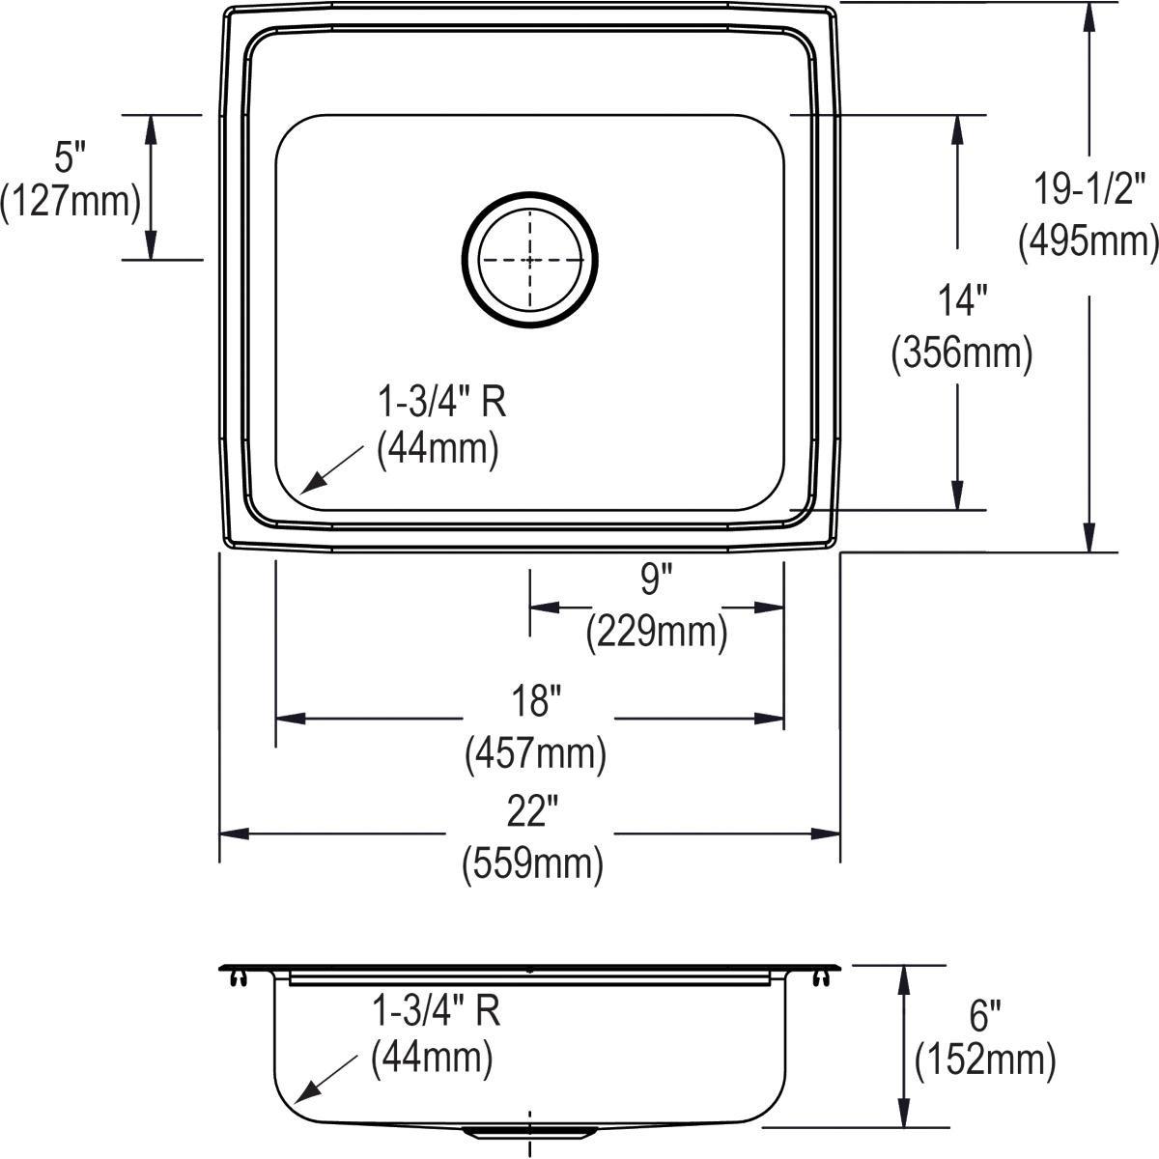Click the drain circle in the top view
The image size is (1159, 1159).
(529, 260)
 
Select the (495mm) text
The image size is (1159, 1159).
(1088, 240)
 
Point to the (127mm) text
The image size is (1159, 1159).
(71, 201)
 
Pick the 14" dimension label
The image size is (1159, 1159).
(959, 301)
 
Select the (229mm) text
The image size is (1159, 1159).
(656, 633)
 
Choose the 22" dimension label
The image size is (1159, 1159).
(534, 812)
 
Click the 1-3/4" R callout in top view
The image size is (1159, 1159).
(440, 401)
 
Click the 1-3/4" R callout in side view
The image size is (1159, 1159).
(436, 1011)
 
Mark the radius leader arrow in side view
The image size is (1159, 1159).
(324, 1082)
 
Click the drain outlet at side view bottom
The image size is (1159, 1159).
(529, 1129)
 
